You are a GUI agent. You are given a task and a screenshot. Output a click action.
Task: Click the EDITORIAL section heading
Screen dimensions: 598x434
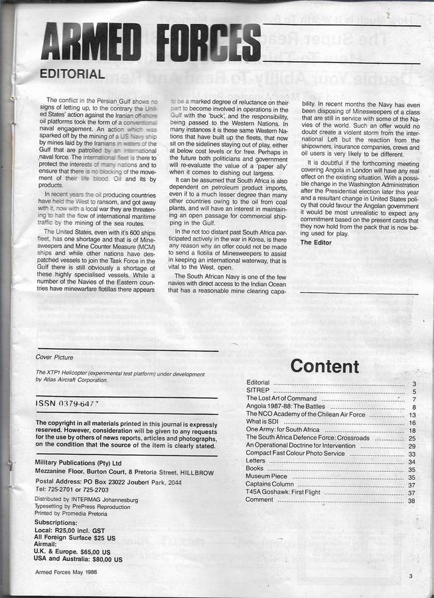[72, 74]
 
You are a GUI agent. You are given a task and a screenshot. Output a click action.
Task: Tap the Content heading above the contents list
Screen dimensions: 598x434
[325, 366]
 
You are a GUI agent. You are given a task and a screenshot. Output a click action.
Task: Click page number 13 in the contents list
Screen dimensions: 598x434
[411, 415]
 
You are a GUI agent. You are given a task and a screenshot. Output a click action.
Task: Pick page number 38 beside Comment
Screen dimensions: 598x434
[411, 500]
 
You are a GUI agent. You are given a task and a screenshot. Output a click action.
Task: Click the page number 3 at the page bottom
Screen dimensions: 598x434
[411, 576]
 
